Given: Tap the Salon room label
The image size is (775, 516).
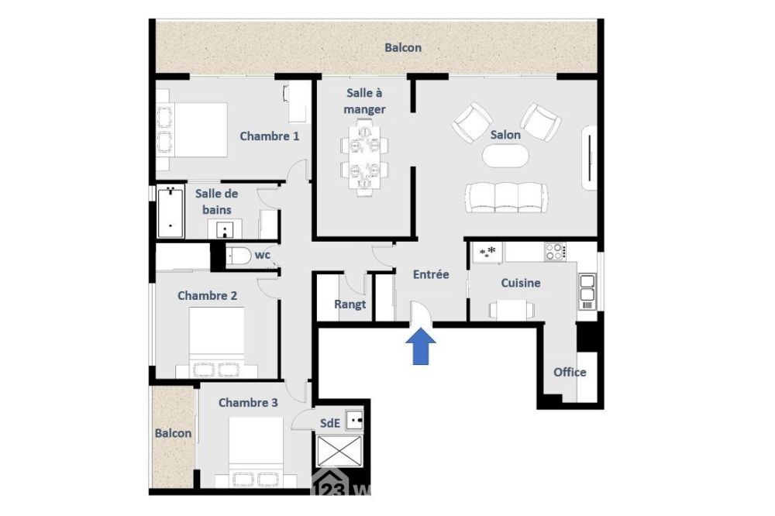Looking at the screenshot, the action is (505, 135).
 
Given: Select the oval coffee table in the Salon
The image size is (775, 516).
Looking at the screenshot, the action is (505, 157).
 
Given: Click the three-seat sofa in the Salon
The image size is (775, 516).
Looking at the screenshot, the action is (507, 198).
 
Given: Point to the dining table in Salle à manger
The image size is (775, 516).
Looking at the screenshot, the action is (364, 157).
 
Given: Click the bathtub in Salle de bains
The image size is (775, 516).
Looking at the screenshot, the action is (170, 212).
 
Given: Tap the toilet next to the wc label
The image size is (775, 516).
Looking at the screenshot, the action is (239, 256).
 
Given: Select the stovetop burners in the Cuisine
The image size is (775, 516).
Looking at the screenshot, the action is (555, 252).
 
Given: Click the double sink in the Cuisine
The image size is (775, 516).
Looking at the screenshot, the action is (587, 287).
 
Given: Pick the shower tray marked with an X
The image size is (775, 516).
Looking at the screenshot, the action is (339, 451).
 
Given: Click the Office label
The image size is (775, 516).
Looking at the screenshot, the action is (570, 372).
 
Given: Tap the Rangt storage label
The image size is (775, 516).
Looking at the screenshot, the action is (350, 304).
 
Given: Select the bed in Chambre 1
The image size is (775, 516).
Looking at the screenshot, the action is (192, 129).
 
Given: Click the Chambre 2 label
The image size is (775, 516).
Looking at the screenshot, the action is (207, 295).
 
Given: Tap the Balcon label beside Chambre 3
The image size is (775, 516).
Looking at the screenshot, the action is (173, 433).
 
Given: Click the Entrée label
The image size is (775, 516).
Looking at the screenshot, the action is (431, 274).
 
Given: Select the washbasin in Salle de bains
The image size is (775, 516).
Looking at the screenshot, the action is (225, 229).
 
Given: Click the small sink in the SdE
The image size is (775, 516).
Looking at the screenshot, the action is (355, 420).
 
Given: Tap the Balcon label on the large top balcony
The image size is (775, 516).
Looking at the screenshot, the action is (403, 48).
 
